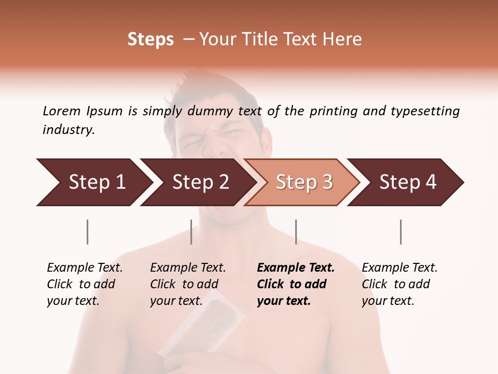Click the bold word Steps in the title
[150, 39]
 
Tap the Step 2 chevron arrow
[197, 182]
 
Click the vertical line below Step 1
[88, 232]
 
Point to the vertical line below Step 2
[191, 232]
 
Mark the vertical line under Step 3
[296, 232]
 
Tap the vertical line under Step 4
[400, 232]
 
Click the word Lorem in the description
[61, 111]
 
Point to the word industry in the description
[68, 130]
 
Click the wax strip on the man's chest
[208, 322]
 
